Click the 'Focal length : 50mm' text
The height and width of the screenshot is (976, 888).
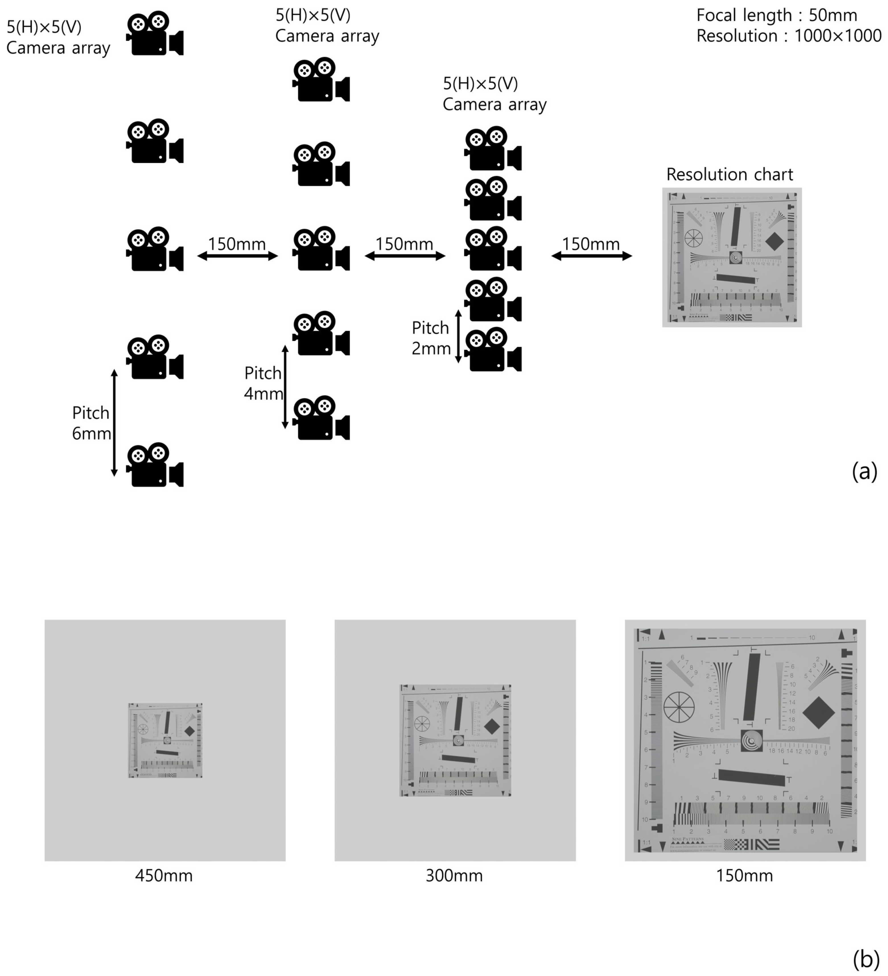pos(776,15)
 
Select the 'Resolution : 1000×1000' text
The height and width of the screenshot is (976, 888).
pos(788,36)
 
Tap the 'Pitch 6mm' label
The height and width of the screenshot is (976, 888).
pos(91,423)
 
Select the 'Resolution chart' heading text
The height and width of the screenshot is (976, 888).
pos(729,174)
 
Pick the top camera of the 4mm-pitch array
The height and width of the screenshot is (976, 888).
pos(321,80)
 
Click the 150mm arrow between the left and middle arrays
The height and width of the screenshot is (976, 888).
pos(237,256)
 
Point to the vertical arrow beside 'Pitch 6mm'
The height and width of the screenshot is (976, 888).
pos(114,423)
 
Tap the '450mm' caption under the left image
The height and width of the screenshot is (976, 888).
pos(164,876)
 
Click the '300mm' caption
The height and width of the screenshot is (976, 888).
pos(454,876)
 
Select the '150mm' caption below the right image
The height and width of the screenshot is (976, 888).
pos(744,876)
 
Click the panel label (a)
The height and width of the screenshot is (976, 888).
pos(864,471)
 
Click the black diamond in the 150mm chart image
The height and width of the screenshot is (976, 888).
pos(818,712)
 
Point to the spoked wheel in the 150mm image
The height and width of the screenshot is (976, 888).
pos(679,707)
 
